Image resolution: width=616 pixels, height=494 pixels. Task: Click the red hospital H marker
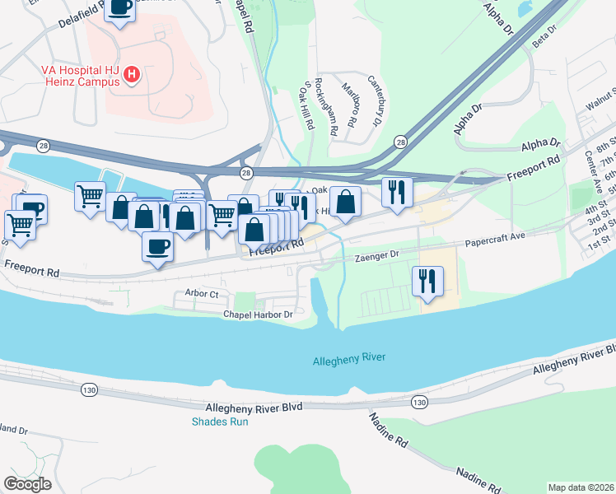coord(131,78)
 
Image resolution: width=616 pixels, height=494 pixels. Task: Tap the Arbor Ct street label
coord(202,293)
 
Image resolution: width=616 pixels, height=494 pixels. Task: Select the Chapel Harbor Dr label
coord(258,315)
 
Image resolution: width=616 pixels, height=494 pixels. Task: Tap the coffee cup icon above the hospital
coord(120,8)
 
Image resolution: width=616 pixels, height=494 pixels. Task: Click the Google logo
coord(27,484)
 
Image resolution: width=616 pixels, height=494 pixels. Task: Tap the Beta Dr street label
coord(545,37)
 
